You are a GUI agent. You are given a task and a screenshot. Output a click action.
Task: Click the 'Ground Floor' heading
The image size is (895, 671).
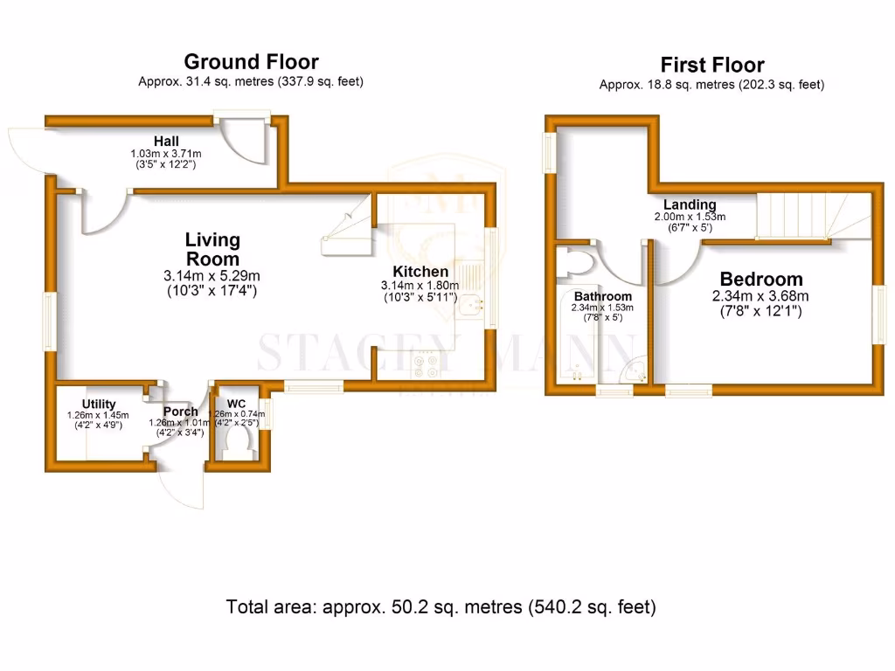click(251, 62)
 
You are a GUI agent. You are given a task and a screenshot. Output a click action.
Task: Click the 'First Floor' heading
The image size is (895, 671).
click(711, 66)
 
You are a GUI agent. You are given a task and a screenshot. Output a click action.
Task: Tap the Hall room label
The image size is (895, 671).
click(166, 141)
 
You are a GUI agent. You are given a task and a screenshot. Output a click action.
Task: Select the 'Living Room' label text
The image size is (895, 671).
click(212, 249)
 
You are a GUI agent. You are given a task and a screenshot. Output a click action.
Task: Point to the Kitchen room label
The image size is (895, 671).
click(420, 272)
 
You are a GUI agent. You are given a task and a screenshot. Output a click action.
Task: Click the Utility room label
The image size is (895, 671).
click(99, 404)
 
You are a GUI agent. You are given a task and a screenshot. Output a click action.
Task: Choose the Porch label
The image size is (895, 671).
click(180, 412)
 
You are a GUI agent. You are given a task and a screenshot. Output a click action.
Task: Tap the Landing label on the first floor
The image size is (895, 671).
click(690, 205)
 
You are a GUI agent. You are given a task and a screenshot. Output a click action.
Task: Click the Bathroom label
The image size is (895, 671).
click(602, 297)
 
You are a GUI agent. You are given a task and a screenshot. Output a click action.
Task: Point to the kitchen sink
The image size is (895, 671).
click(472, 305)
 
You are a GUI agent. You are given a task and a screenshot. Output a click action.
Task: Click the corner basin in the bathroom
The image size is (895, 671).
click(632, 371)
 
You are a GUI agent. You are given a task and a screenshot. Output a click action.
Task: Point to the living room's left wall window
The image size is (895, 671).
click(51, 321)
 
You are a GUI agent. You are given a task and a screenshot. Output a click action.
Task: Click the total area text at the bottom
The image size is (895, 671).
click(441, 606)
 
